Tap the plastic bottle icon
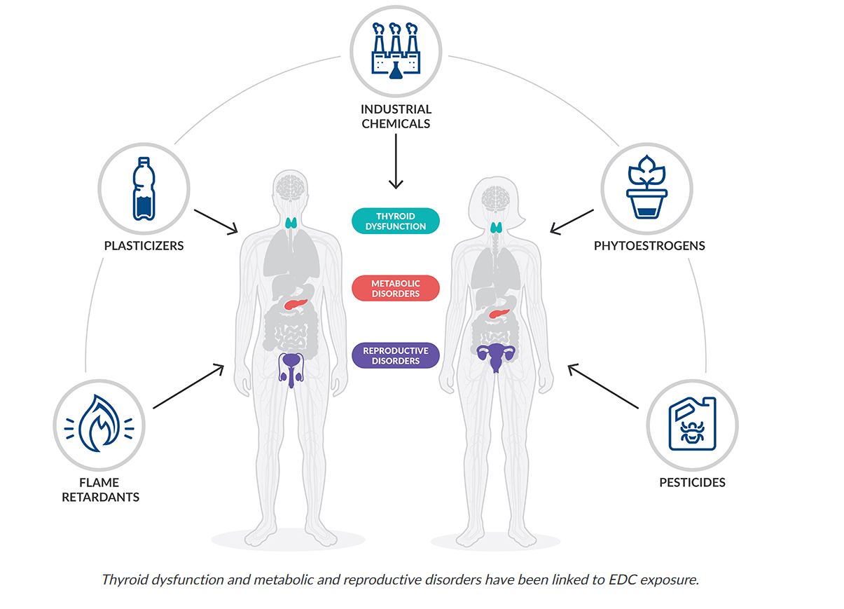143,189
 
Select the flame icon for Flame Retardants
99,424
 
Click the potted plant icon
646,189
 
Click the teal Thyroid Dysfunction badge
396,221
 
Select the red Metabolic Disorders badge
396,288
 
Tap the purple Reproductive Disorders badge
396,355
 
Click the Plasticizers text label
144,246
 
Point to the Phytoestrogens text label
649,246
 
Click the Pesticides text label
692,482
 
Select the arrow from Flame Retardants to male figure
188,386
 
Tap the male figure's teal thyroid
293,224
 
